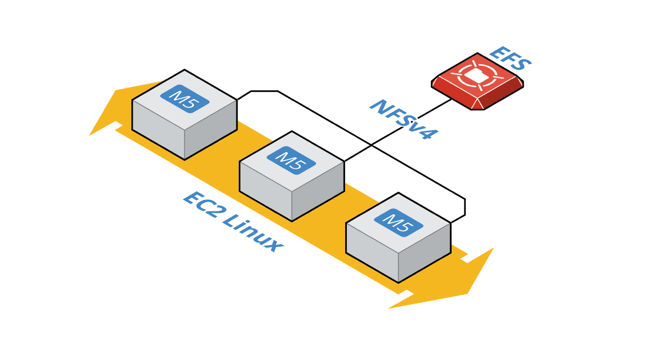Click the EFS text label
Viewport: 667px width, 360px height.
click(510, 58)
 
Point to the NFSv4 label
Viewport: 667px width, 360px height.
click(404, 119)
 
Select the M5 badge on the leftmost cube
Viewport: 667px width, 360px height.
click(185, 99)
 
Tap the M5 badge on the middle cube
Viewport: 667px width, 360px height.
click(291, 161)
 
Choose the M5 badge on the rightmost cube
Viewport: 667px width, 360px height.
click(398, 222)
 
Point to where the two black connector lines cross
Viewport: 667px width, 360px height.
click(371, 145)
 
